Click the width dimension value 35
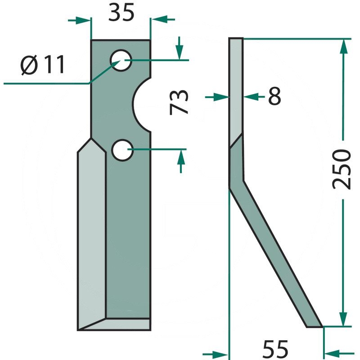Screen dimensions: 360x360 pos(121,13)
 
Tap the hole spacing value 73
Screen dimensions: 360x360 pos(179,103)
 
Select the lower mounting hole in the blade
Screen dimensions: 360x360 pos(122,149)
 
